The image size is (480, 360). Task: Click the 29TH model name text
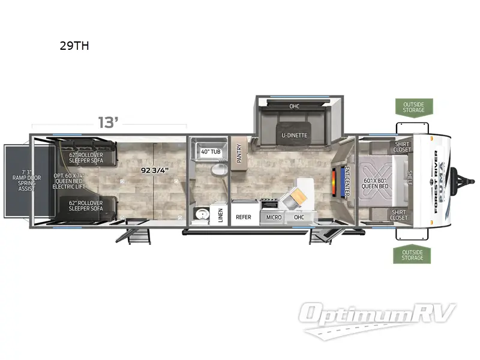pyautogui.click(x=74, y=46)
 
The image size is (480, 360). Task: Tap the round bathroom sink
pyautogui.click(x=200, y=214)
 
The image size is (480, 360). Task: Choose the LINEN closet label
pyautogui.click(x=221, y=215)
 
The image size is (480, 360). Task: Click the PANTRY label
pyautogui.click(x=239, y=153)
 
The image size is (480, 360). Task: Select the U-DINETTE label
pyautogui.click(x=295, y=135)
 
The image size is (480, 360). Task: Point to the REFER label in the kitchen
pyautogui.click(x=243, y=217)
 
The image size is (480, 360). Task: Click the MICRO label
pyautogui.click(x=274, y=217)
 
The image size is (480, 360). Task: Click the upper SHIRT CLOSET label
pyautogui.click(x=401, y=147)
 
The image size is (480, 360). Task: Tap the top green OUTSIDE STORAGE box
pyautogui.click(x=413, y=107)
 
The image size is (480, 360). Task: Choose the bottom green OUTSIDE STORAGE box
pyautogui.click(x=413, y=254)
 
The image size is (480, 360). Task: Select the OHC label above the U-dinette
pyautogui.click(x=295, y=106)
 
